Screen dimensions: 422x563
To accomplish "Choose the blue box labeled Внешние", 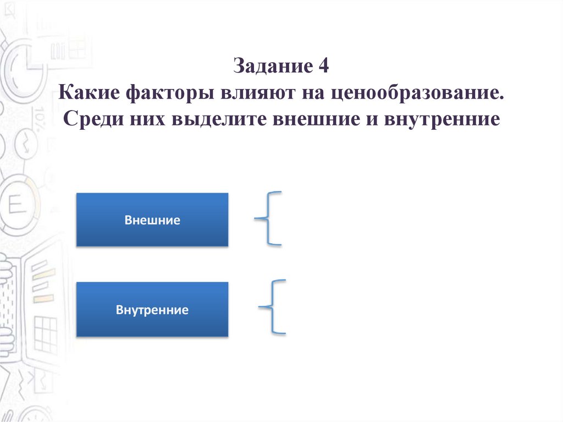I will pyautogui.click(x=152, y=220).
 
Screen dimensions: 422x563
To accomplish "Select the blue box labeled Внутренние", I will pyautogui.click(x=152, y=309).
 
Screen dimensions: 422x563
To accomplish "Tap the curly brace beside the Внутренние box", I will pyautogui.click(x=273, y=307).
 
